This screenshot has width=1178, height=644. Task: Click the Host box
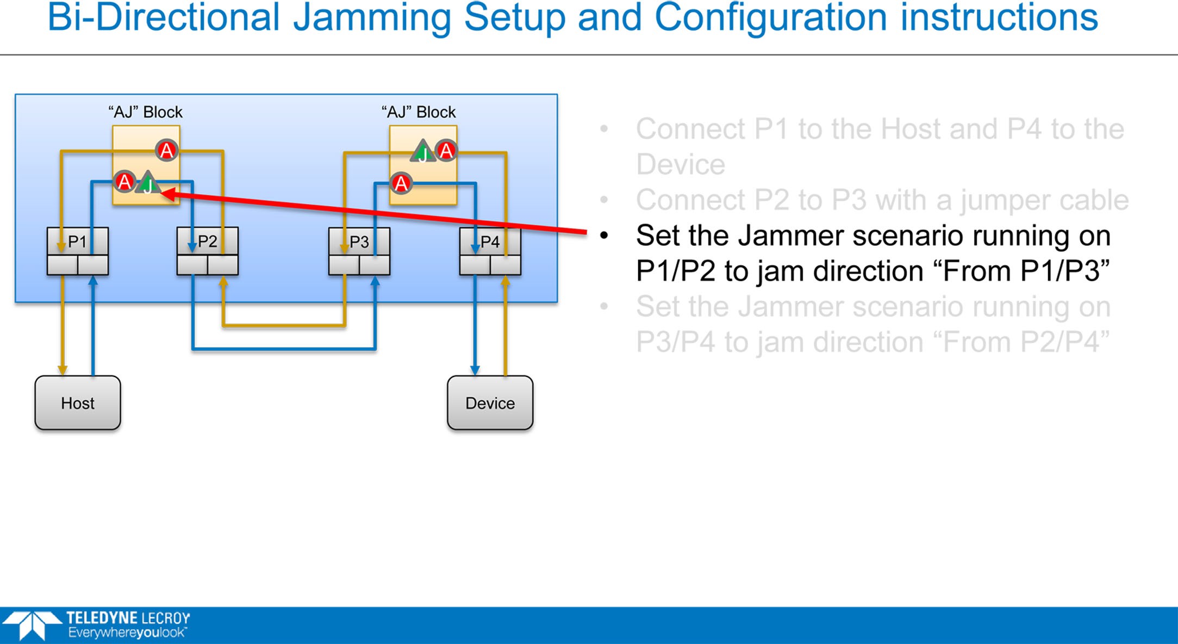coord(78,403)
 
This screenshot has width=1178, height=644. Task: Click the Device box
coord(490,403)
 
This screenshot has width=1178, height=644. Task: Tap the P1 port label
coord(77,242)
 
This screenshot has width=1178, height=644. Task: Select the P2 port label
coord(207,242)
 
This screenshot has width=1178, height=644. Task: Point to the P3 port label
coord(359,242)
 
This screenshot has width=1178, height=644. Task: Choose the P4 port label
coord(490,242)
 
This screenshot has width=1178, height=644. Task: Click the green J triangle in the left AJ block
coord(147,183)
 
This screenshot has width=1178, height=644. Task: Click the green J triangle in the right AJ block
coord(422,152)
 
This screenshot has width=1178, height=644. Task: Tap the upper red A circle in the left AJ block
coord(166,150)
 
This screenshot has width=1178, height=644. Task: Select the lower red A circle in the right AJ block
coord(401,183)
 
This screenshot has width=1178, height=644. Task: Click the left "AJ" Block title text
coord(145,112)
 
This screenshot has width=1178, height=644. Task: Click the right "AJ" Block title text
coord(419,112)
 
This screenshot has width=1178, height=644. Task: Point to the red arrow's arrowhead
coord(163,194)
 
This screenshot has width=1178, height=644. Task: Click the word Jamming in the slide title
coord(372,18)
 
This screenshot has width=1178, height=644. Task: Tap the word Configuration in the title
coord(771,18)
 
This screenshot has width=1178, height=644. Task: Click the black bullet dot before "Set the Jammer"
coord(603,236)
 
